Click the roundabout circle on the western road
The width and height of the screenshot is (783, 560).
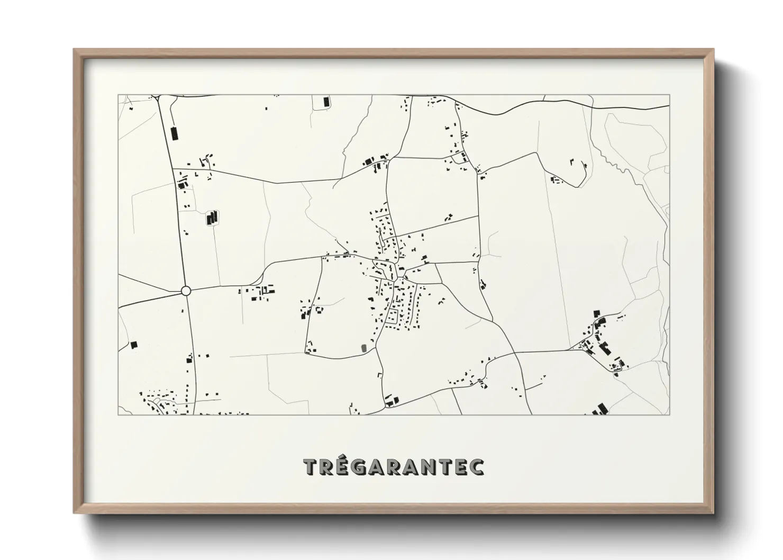click(185, 291)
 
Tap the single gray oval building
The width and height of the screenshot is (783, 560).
click(363, 348)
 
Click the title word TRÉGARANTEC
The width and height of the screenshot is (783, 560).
click(394, 467)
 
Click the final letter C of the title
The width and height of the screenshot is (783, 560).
click(476, 467)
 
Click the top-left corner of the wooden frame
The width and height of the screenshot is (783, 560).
click(74, 50)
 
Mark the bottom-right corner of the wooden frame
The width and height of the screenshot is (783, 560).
click(713, 513)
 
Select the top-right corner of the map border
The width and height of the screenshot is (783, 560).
click(670, 95)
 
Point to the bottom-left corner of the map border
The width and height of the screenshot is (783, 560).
click(118, 414)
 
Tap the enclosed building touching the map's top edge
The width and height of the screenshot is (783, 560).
click(326, 101)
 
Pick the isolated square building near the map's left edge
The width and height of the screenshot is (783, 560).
click(133, 345)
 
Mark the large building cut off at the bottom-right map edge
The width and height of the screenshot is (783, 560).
click(600, 409)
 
